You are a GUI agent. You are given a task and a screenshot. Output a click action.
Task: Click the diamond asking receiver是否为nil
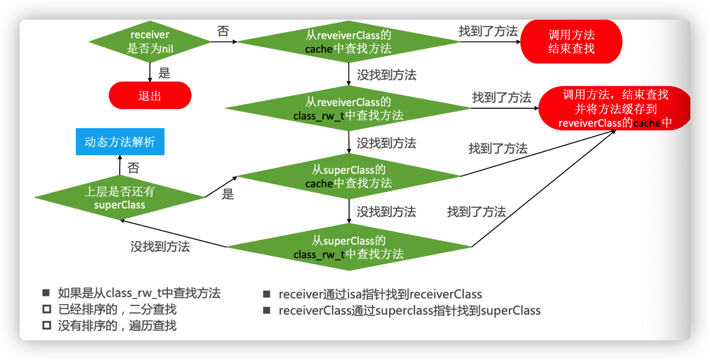point(150,42)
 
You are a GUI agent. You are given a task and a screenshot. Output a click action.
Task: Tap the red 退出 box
point(150,96)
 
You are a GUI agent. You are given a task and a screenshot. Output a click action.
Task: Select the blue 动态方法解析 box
point(120,142)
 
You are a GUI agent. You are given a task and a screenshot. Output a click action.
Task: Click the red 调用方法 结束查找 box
point(571,42)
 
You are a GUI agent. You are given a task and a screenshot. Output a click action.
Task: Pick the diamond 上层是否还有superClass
point(119,198)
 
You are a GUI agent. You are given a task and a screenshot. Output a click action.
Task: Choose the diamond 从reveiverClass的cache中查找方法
point(348,42)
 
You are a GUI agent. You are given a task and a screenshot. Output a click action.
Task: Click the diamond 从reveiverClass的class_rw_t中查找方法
point(348,108)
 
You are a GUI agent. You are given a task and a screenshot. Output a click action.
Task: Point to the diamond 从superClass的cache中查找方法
point(348,177)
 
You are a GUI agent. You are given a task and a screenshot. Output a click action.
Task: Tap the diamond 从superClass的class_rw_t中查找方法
point(348,247)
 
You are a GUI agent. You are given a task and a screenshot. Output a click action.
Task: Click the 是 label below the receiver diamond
point(164,73)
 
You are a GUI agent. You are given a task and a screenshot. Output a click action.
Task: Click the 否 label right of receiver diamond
point(223,31)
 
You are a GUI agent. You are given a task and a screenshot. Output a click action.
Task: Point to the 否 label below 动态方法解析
point(133,168)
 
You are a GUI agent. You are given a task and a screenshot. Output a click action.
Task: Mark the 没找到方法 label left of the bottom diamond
point(160,246)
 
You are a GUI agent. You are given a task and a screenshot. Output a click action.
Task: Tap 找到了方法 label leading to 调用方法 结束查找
point(488,31)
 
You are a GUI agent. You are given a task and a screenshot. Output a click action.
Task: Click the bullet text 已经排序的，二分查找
point(117,310)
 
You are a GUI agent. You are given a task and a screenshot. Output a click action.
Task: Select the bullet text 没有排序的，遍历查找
point(117,326)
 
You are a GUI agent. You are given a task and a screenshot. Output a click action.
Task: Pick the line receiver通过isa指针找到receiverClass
point(380,294)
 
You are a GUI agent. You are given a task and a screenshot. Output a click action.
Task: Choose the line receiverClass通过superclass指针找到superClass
point(409,311)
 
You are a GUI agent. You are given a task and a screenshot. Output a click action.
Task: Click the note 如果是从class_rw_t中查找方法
point(139,293)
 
